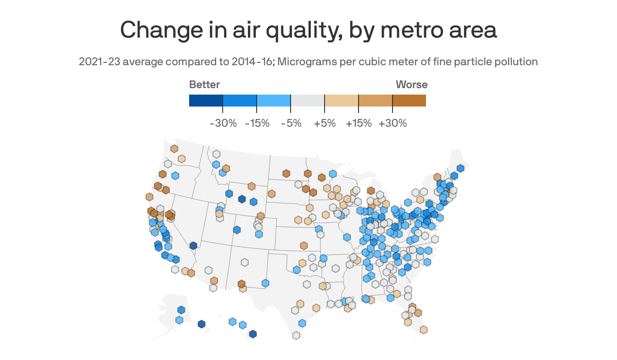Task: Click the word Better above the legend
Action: coord(204,84)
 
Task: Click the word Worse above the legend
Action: coord(411,84)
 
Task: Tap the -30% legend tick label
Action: coord(223,123)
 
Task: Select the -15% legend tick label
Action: coord(257,123)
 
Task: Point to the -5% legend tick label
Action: coord(291,123)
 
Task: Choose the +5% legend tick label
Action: coord(325,123)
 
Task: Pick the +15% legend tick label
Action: coord(359,123)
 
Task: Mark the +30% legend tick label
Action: coord(393,123)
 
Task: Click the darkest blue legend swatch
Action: coord(206,101)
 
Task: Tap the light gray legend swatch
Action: coord(308,101)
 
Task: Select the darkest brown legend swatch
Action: coord(409,101)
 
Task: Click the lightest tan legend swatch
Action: coord(342,101)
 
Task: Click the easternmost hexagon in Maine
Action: coord(460,169)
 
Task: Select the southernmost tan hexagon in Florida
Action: coord(424,329)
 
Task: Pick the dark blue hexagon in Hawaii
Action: coord(252,334)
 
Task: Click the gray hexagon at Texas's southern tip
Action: coord(297,335)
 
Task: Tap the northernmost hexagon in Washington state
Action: coord(174,149)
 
